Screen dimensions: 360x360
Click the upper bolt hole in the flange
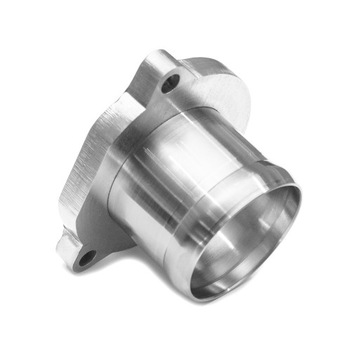(x=171, y=82)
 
